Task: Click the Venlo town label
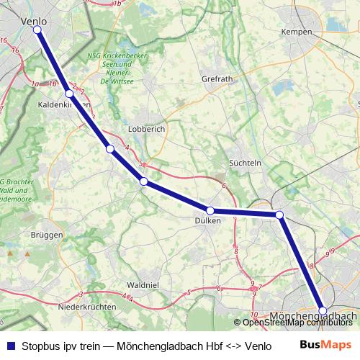click(x=35, y=21)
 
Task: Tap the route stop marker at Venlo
click(x=37, y=30)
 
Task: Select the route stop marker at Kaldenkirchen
click(x=69, y=94)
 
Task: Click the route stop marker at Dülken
click(x=210, y=210)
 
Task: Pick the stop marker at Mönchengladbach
click(x=323, y=311)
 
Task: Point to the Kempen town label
click(x=297, y=32)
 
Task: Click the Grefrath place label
click(x=217, y=78)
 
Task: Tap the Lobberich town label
click(x=146, y=129)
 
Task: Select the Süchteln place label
click(x=244, y=163)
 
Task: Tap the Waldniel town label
click(x=142, y=285)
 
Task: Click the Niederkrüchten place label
click(x=87, y=307)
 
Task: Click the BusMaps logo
click(x=326, y=345)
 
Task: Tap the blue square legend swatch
click(x=10, y=346)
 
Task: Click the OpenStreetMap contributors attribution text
click(x=297, y=323)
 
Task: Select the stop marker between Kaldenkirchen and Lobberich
click(x=110, y=149)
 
